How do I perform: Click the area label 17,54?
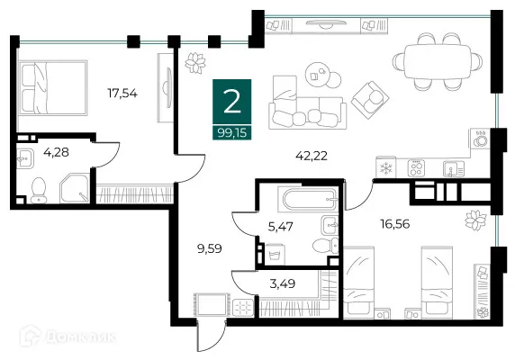pos(122,94)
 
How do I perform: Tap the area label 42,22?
pos(312,156)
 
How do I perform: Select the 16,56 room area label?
pos(395,224)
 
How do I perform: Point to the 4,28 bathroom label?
pos(56,152)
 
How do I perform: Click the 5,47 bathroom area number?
pos(281,227)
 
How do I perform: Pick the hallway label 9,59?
pos(210,248)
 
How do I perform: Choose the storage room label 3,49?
pos(283,283)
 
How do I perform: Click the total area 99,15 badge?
pos(232,133)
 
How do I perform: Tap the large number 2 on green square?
pos(232,102)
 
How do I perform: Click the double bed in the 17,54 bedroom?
pos(53,88)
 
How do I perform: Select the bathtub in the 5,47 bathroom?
pos(308,198)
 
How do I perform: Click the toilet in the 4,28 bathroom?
pos(39,190)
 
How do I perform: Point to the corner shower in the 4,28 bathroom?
pos(75,188)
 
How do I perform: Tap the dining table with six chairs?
pos(438,61)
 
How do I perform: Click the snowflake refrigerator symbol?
pos(386,168)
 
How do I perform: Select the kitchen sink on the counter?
pos(453,168)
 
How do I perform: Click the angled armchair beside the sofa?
pos(370,100)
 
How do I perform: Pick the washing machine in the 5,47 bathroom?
pos(275,255)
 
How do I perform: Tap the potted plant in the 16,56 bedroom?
pos(475,220)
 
